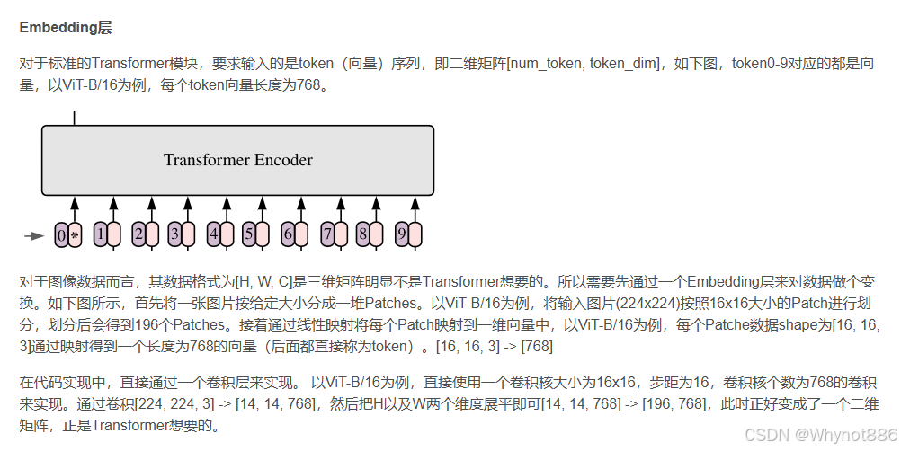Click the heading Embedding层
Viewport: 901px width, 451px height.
(x=66, y=28)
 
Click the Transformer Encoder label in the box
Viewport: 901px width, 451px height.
(x=237, y=160)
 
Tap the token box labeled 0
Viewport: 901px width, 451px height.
(x=61, y=235)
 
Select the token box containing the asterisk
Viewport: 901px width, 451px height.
(x=76, y=235)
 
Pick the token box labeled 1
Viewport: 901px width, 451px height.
(x=101, y=235)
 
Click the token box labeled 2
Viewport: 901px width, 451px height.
(x=138, y=235)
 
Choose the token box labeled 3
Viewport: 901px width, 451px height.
(x=175, y=235)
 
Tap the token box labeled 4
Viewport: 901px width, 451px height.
(x=213, y=235)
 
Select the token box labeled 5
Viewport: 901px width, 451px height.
(x=249, y=235)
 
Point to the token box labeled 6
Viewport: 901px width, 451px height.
(x=288, y=235)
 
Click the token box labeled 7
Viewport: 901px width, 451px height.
(x=327, y=235)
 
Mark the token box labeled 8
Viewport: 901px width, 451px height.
(x=363, y=235)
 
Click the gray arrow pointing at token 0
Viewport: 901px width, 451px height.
(x=34, y=236)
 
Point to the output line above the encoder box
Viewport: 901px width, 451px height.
(x=74, y=118)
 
